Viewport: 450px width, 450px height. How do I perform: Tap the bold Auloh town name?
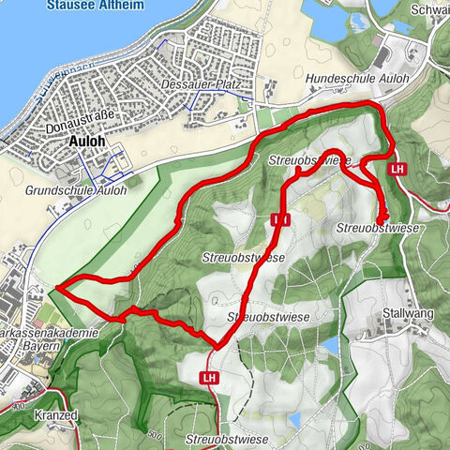click(88, 143)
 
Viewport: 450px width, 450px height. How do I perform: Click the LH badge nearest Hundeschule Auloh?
click(398, 169)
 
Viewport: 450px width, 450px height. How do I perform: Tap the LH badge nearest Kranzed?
click(208, 377)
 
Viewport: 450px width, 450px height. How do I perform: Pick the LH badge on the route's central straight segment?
click(279, 219)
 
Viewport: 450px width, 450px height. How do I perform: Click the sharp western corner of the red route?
click(57, 286)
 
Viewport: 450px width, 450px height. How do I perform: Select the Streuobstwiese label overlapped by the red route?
click(309, 161)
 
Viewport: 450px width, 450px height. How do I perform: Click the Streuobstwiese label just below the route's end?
click(375, 229)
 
